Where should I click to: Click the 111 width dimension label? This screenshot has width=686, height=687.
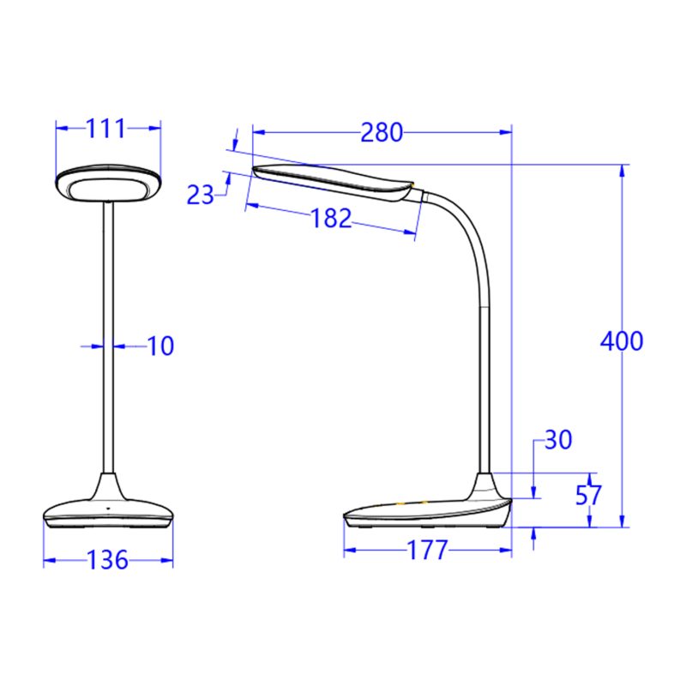point(106,129)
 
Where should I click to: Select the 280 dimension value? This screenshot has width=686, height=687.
point(381,132)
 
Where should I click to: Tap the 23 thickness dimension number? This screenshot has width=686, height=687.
point(201,195)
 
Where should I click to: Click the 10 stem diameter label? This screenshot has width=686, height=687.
point(159,346)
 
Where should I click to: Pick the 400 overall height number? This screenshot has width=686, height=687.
point(621,340)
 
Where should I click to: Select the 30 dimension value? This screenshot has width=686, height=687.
point(557,440)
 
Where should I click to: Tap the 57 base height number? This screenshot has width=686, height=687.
point(589,495)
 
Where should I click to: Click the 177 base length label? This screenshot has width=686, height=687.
point(426,550)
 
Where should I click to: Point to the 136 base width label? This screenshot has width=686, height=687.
point(108,561)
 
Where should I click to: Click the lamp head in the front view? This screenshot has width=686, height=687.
point(108,184)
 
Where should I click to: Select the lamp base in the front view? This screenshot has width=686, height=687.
point(108,510)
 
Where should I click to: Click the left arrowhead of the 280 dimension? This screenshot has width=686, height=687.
point(257,132)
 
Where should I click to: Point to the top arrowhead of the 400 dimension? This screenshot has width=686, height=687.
point(622,169)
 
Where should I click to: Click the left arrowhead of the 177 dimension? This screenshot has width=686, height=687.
point(349,550)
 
